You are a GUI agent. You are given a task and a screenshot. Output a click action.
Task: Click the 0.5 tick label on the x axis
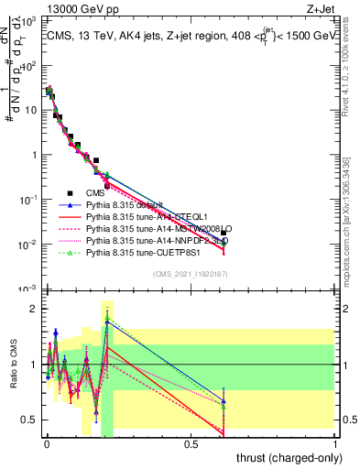click(x=191, y=443)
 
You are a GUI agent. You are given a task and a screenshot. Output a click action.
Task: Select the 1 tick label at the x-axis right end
click(x=335, y=443)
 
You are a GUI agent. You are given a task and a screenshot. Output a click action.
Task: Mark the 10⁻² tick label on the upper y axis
click(x=27, y=245)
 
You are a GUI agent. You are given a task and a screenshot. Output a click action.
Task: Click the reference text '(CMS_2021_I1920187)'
click(x=191, y=274)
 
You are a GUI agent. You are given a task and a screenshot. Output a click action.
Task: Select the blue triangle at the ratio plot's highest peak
click(x=107, y=322)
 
